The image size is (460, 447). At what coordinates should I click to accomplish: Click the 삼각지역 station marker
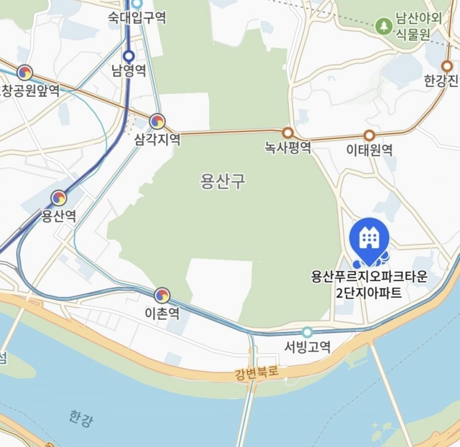157,121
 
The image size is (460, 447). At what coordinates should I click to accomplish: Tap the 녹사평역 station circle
288,133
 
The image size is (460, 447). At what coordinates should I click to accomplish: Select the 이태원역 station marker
369,136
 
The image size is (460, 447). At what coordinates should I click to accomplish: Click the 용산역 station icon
59,198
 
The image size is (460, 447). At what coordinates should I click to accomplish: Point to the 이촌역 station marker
162,294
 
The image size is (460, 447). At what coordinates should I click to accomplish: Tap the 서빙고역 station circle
307,333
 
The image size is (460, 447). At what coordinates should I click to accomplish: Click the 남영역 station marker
129,55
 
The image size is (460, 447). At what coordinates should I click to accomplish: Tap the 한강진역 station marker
447,66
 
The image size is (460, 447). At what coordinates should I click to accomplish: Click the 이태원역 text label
369,151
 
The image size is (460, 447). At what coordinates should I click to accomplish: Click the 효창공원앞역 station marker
24,73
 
